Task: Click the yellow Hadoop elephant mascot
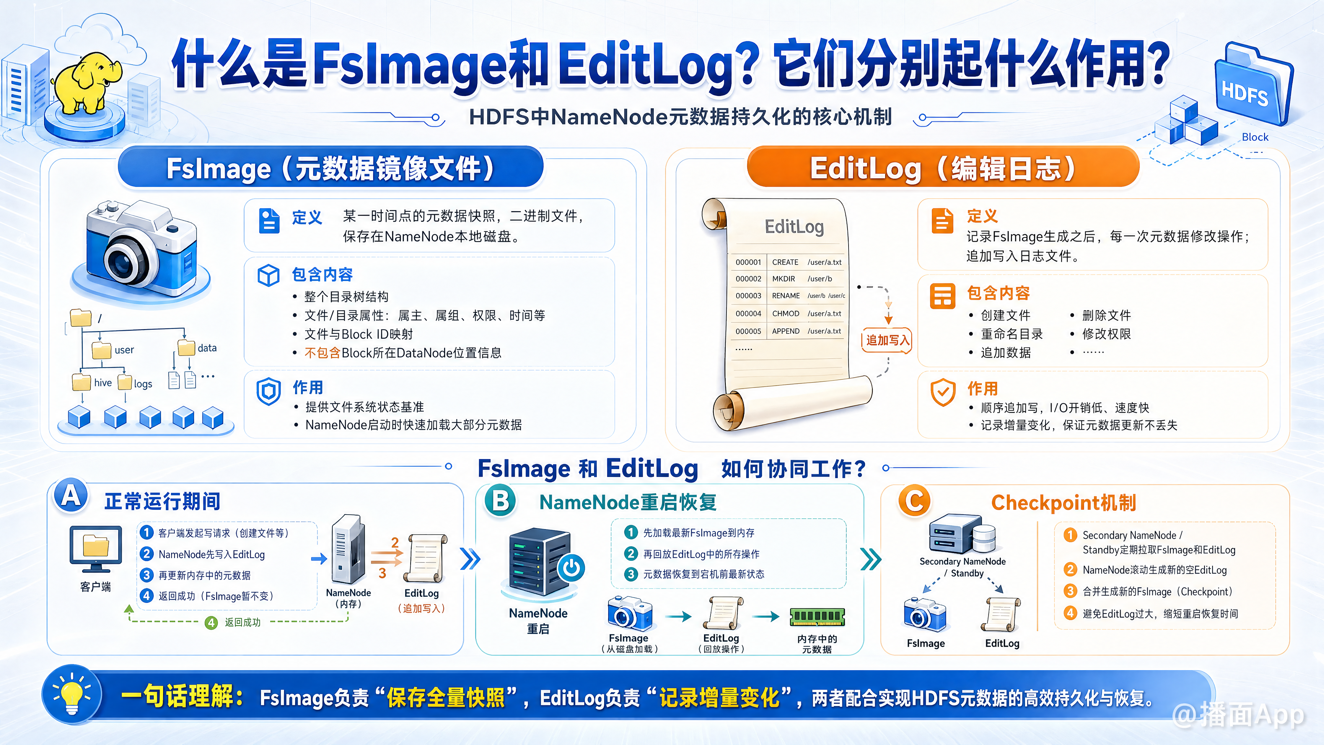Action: [88, 82]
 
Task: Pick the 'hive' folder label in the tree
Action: [103, 383]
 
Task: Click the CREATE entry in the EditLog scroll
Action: [785, 262]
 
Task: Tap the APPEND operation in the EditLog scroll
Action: [785, 331]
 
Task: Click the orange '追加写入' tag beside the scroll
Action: [887, 340]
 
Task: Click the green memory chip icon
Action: [817, 616]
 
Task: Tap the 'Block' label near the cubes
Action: [1255, 137]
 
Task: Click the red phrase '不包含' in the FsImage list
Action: [322, 353]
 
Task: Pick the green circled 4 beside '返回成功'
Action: [211, 623]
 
